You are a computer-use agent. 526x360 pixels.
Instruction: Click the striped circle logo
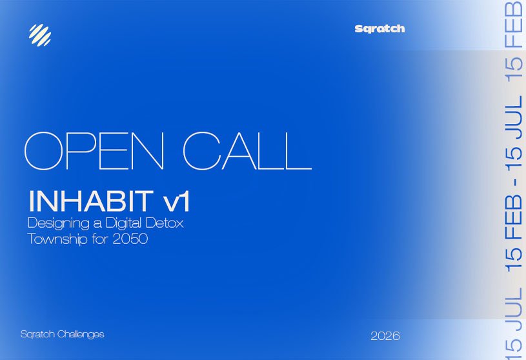click(39, 34)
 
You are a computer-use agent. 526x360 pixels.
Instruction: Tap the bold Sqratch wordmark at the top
click(379, 29)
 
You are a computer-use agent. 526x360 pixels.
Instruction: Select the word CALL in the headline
click(247, 150)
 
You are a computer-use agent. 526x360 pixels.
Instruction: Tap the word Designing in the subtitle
click(57, 225)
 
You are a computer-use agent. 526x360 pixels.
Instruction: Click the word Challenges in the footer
click(81, 334)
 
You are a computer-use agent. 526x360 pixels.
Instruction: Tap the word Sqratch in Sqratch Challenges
click(37, 335)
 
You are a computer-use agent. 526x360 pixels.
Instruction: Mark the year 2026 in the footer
click(385, 336)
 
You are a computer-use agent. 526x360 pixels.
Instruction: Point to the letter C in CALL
click(204, 150)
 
